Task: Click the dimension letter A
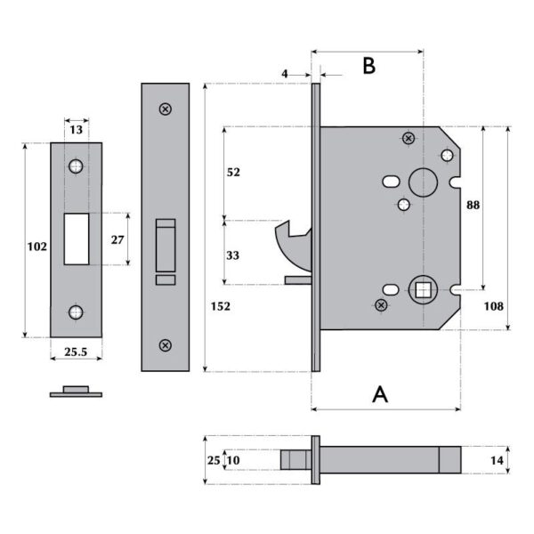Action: pos(380,393)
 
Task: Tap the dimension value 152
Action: pos(222,306)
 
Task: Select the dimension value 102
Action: pos(36,247)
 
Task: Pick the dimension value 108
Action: pos(493,306)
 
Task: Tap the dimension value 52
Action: pos(234,172)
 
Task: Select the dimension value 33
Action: pos(234,255)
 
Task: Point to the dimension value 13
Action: pos(76,130)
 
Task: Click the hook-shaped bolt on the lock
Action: pos(290,244)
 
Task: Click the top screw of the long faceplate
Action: pos(165,109)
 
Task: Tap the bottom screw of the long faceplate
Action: pos(165,344)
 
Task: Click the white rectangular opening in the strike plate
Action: pos(76,239)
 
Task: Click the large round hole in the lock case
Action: pos(419,181)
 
